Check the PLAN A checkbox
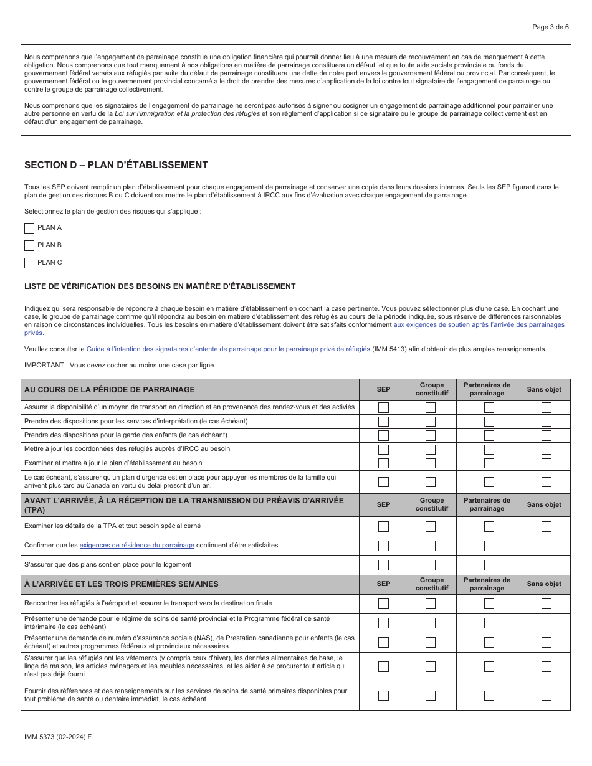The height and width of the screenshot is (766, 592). [29, 228]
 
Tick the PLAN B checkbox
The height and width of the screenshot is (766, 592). [29, 245]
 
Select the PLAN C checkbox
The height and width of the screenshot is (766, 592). [29, 263]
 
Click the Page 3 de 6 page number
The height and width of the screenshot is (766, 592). [550, 27]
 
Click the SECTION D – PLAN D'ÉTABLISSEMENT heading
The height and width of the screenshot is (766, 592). [116, 165]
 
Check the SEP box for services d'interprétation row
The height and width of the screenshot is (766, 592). [383, 422]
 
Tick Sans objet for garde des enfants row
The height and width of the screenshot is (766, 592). [546, 436]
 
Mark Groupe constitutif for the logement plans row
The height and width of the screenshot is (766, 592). [431, 565]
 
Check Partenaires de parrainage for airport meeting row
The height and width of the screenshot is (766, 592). [489, 603]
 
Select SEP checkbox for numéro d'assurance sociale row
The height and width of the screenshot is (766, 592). [383, 642]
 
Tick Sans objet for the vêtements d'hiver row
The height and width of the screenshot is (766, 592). [546, 666]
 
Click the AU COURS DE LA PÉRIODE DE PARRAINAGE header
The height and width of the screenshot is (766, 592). [110, 390]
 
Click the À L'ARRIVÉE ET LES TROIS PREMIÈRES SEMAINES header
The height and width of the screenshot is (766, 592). [122, 584]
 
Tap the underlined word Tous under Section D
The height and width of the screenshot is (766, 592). [31, 187]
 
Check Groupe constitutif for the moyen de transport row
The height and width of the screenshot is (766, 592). [431, 407]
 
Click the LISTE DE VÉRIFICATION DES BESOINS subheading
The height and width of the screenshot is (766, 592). [160, 286]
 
